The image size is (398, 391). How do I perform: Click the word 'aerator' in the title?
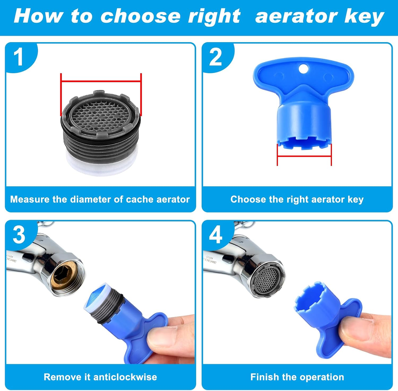(x=297, y=16)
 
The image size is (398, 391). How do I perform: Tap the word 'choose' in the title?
(x=141, y=16)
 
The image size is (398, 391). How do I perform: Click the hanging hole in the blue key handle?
(x=303, y=68)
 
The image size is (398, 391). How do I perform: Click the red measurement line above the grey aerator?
(x=101, y=82)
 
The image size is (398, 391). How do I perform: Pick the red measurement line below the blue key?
(x=304, y=156)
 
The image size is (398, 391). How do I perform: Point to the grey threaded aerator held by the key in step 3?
(x=104, y=304)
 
